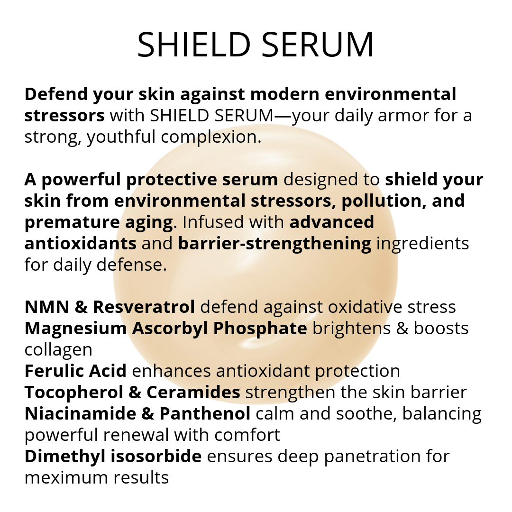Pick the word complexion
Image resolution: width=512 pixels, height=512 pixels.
[211, 137]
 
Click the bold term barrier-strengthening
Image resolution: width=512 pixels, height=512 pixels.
[274, 243]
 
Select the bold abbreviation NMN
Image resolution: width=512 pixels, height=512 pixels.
[46, 307]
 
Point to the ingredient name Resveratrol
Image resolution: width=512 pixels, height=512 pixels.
[144, 307]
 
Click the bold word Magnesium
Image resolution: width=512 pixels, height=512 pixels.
[75, 328]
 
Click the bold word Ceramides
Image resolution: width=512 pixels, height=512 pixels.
[193, 392]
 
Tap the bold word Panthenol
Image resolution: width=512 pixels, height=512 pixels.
[205, 413]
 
